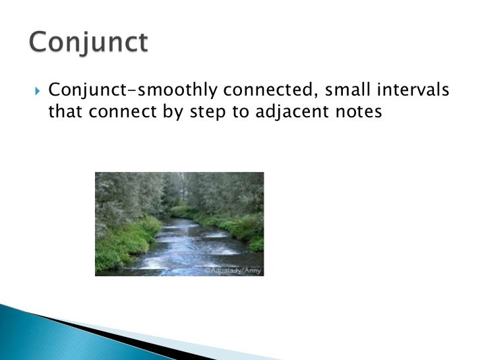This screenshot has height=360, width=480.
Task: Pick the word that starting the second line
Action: tap(65, 112)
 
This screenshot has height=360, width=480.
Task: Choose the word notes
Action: tap(359, 112)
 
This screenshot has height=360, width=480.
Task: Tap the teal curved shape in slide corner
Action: tap(40, 336)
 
